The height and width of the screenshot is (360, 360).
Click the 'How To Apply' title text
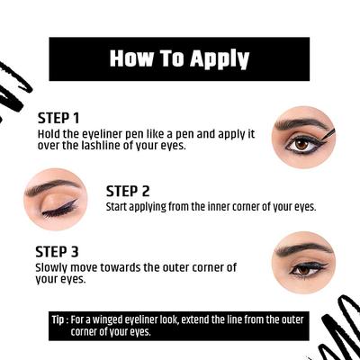[179, 58]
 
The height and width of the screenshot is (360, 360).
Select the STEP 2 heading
[128, 191]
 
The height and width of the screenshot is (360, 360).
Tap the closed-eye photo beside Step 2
[55, 199]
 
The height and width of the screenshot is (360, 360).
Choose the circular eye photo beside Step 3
[302, 261]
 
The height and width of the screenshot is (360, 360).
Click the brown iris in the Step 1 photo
[301, 143]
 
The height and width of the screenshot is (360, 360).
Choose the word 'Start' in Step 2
[119, 206]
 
